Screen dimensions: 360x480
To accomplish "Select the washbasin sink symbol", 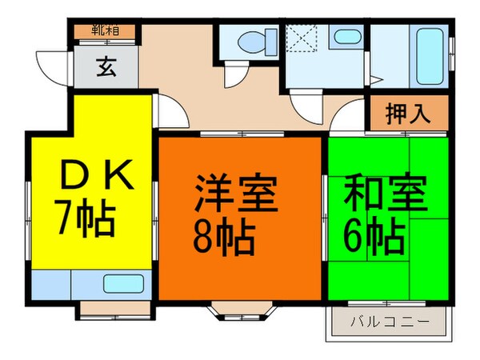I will point(346,38).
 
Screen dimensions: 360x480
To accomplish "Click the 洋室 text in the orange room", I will point(236,193).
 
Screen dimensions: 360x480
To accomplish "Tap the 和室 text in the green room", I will point(386,193).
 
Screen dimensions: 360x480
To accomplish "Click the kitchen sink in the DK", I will point(122,283).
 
